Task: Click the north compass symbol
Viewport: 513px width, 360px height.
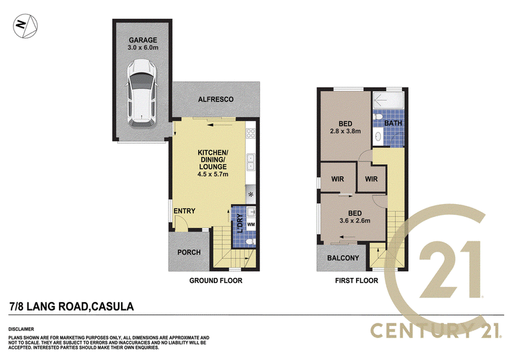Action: [25, 26]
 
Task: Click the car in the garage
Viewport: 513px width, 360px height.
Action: [142, 92]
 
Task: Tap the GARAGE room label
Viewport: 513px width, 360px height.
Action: [142, 40]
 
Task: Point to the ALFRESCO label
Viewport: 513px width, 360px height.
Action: [215, 99]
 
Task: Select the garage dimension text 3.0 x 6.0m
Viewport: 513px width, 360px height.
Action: [143, 47]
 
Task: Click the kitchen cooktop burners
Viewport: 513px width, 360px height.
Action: [251, 133]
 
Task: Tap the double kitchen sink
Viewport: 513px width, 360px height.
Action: [251, 162]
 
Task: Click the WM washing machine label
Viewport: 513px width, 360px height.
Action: [251, 225]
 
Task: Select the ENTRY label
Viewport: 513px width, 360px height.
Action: [185, 211]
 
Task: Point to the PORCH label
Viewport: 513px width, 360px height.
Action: [189, 252]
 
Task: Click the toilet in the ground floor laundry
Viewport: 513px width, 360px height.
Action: [250, 242]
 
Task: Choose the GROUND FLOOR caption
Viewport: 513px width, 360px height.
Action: [215, 280]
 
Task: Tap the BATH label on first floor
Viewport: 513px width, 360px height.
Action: [393, 123]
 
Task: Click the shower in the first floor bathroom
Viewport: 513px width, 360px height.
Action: [388, 100]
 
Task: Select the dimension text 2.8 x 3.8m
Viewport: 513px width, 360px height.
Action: [346, 132]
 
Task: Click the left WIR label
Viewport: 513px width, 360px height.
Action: [338, 179]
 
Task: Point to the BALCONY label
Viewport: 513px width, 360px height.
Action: [343, 258]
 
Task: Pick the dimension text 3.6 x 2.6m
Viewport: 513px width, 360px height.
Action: [355, 221]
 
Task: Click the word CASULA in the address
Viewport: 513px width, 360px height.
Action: [113, 307]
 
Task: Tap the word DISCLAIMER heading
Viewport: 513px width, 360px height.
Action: [21, 329]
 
